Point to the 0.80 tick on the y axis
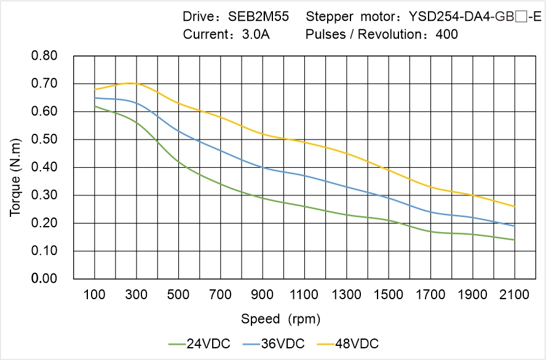pyautogui.click(x=44, y=56)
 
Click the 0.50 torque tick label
pyautogui.click(x=44, y=139)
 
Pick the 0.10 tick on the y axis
pyautogui.click(x=44, y=251)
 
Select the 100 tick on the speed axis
pyautogui.click(x=94, y=295)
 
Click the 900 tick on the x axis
pyautogui.click(x=263, y=295)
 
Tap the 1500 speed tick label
pyautogui.click(x=389, y=295)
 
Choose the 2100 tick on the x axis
pyautogui.click(x=514, y=295)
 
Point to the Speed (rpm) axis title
pyautogui.click(x=280, y=319)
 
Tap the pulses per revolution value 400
pyautogui.click(x=446, y=34)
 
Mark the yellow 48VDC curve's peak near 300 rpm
pyautogui.click(x=132, y=83)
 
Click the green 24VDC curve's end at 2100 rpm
pyautogui.click(x=514, y=240)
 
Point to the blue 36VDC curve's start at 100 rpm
pyautogui.click(x=95, y=98)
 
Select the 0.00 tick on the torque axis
pyautogui.click(x=44, y=279)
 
